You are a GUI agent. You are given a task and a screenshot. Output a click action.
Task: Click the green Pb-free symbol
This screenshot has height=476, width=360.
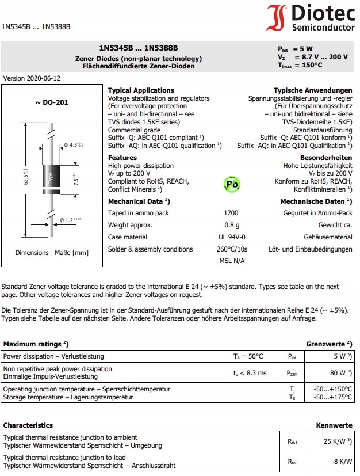231,184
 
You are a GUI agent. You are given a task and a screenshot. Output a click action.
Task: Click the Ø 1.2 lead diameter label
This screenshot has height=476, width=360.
71,220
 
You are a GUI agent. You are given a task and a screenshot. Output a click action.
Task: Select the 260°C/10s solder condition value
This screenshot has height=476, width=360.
231,249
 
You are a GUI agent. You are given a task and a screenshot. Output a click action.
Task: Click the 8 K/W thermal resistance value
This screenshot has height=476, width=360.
340,461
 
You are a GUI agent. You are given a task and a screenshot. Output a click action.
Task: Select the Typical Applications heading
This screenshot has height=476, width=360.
141,90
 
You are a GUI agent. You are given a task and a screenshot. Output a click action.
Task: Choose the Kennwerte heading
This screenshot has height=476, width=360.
334,425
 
